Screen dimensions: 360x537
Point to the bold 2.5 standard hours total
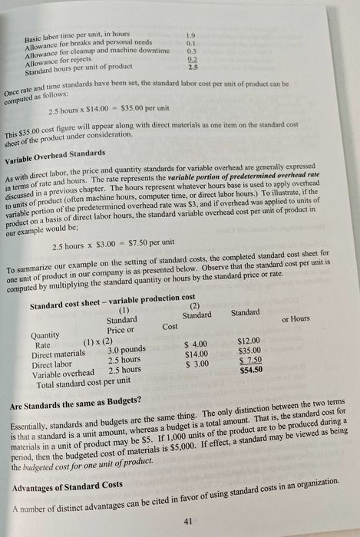click(192, 68)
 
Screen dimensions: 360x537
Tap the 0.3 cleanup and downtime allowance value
click(193, 51)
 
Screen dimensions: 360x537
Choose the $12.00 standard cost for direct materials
click(249, 341)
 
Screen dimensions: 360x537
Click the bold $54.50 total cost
click(251, 370)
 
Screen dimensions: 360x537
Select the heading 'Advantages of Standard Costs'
click(67, 486)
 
